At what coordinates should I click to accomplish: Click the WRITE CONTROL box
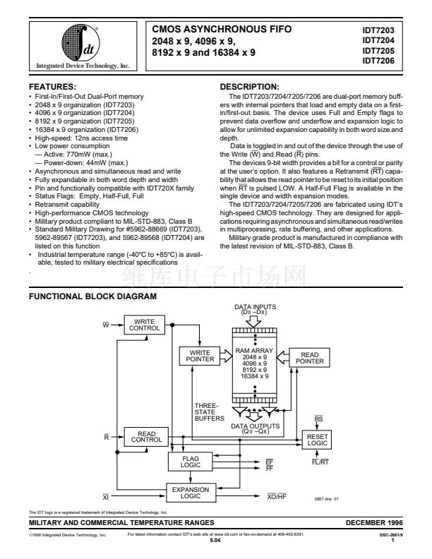pos(144,324)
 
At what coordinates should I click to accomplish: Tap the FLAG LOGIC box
pos(187,462)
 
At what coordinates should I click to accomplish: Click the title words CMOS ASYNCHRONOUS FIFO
pos(222,30)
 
